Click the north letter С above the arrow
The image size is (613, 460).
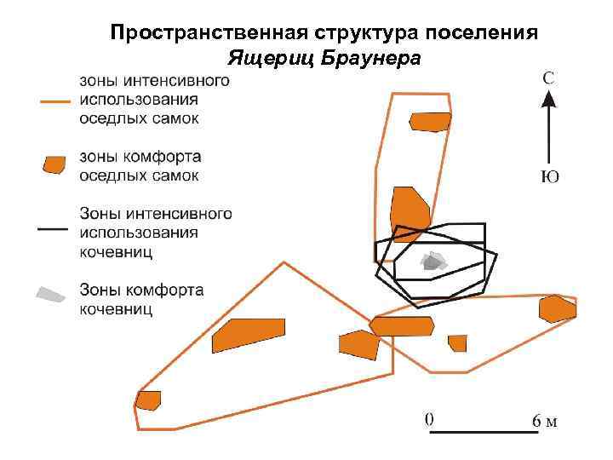click(549, 78)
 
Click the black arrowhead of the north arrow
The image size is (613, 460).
click(549, 101)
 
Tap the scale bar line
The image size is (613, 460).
click(484, 432)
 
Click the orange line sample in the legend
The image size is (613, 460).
click(55, 101)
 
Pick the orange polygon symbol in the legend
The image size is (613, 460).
click(54, 164)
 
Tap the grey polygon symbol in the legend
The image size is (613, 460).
click(50, 295)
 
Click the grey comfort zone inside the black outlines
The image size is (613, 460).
click(433, 262)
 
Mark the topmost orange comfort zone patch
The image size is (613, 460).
click(429, 121)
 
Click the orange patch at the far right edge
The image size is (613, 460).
click(558, 308)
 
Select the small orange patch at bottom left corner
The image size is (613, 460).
click(149, 400)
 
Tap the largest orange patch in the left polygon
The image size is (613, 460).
click(247, 334)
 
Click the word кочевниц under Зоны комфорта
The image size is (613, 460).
click(116, 310)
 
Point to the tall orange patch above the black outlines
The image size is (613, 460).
click(408, 209)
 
